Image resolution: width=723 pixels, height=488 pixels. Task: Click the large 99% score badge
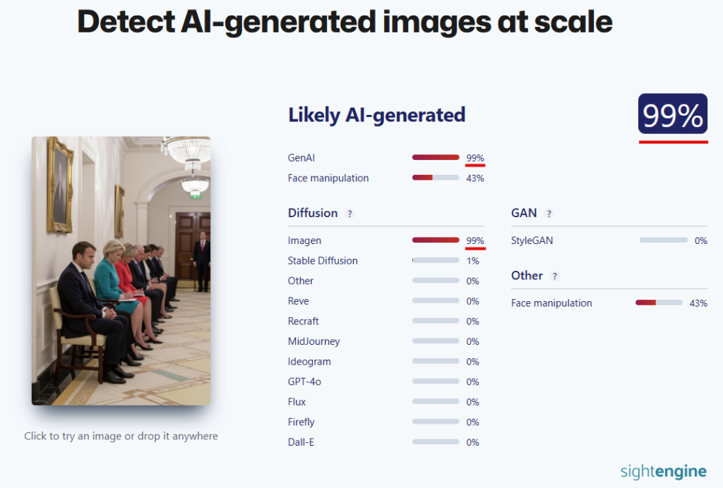tap(673, 114)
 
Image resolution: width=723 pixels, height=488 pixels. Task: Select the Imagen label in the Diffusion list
tap(304, 240)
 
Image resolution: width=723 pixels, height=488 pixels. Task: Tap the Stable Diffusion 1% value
tap(472, 261)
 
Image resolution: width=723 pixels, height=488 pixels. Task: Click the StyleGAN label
tap(532, 240)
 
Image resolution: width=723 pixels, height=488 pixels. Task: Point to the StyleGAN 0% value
tap(701, 240)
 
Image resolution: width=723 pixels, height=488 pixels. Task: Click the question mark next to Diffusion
tap(350, 214)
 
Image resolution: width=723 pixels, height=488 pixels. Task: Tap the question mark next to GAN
tap(549, 214)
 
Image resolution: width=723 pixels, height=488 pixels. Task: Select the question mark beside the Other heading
tap(555, 276)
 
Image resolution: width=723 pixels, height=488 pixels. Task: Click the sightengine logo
tap(664, 471)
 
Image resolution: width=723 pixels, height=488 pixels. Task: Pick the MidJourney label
tap(313, 341)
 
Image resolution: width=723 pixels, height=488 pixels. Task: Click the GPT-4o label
tap(304, 382)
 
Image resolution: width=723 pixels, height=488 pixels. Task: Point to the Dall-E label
tap(301, 442)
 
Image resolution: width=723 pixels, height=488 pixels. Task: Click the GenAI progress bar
tap(436, 157)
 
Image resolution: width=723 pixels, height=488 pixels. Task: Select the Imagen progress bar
tap(436, 240)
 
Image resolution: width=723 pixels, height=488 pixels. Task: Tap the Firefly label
tap(301, 422)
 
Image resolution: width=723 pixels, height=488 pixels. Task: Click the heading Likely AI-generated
tap(377, 115)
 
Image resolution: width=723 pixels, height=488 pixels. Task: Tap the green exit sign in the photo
tap(196, 195)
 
